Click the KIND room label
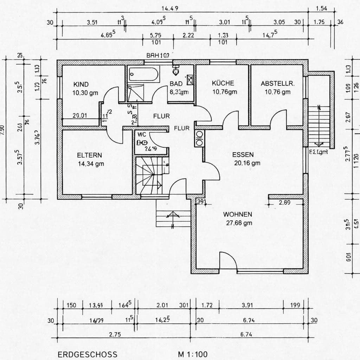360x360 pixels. (81, 84)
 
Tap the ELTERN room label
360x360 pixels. (90, 155)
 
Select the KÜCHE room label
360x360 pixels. (223, 83)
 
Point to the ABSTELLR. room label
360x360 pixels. (277, 84)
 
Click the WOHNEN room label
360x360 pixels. (237, 214)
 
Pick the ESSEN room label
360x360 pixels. (243, 154)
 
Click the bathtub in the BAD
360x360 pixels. (143, 74)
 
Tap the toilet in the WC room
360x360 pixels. (142, 142)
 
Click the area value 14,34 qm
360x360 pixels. (91, 163)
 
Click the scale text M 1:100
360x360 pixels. (193, 354)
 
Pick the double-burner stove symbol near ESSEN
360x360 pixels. (199, 138)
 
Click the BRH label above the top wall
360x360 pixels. (158, 56)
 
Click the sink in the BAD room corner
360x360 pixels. (190, 80)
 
